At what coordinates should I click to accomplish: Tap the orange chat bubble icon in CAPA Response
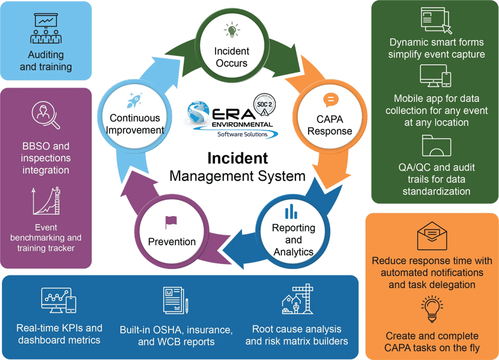(x=331, y=100)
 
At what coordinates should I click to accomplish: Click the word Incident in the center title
(x=237, y=158)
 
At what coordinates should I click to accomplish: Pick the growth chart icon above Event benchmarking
(x=46, y=201)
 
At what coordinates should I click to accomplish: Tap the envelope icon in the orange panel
(x=432, y=236)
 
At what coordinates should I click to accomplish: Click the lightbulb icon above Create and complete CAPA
(x=432, y=308)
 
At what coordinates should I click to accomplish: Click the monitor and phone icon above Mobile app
(x=435, y=77)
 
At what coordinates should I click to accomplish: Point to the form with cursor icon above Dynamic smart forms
(x=436, y=20)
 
